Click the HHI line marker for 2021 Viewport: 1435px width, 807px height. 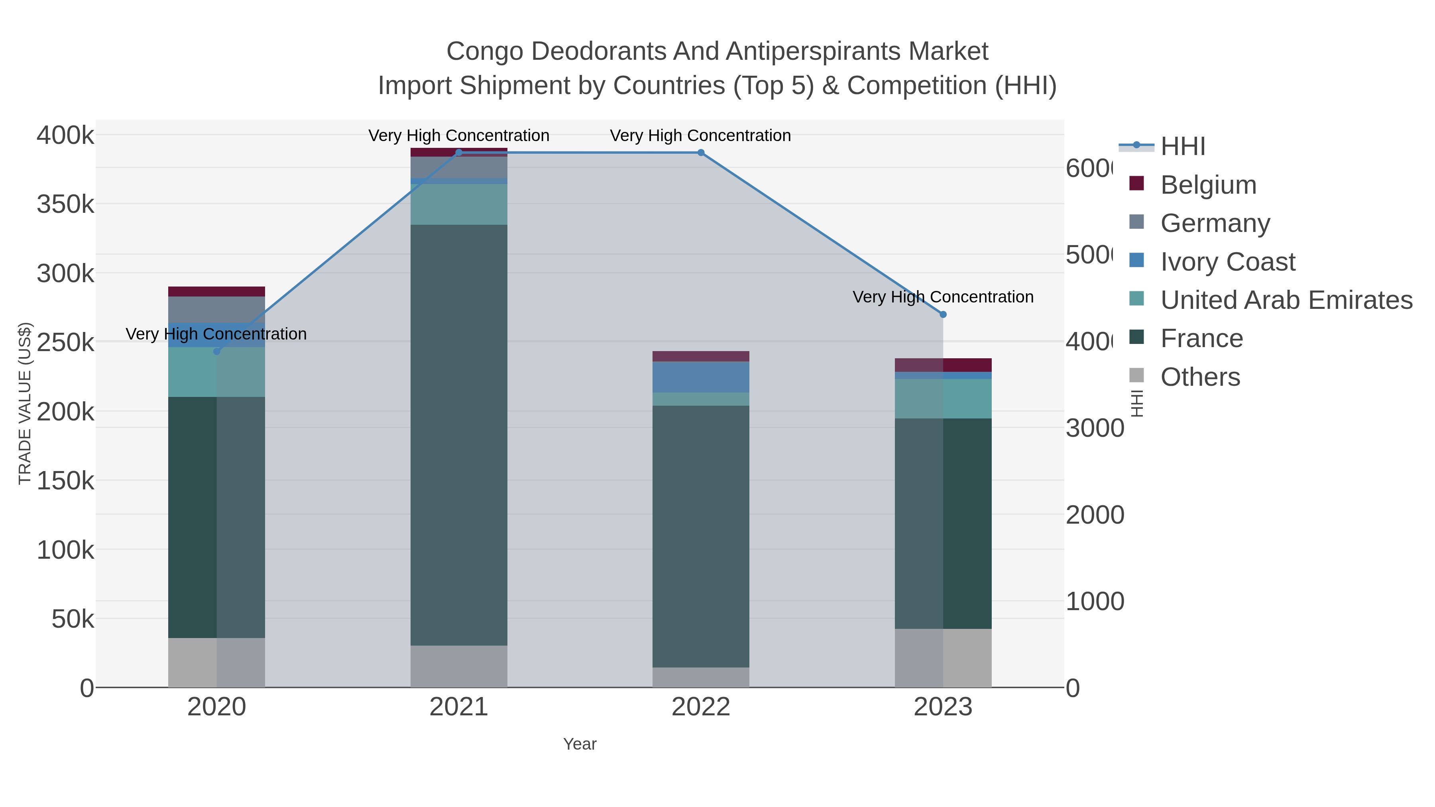tap(458, 153)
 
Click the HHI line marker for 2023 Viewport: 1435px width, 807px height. tap(943, 315)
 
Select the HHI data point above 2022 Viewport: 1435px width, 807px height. tap(701, 153)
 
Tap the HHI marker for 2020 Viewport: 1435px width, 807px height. tap(217, 351)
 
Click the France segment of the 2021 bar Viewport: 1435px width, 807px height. tap(458, 434)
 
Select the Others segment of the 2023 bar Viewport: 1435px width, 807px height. tap(943, 658)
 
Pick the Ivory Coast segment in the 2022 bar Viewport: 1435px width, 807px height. tap(701, 377)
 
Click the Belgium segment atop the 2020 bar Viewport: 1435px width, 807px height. tap(217, 291)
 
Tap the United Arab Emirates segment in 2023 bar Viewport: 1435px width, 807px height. tap(943, 399)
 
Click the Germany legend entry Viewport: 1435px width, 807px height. tap(1215, 223)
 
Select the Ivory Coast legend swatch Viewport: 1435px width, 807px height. tap(1136, 260)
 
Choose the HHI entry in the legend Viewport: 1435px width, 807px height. tap(1182, 147)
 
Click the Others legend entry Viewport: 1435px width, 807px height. tap(1200, 377)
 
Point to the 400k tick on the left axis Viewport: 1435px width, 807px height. tap(65, 135)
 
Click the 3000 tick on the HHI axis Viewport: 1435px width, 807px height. tap(1095, 428)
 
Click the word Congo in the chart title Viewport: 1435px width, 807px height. tap(485, 51)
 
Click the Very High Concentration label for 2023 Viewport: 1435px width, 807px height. tap(943, 297)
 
